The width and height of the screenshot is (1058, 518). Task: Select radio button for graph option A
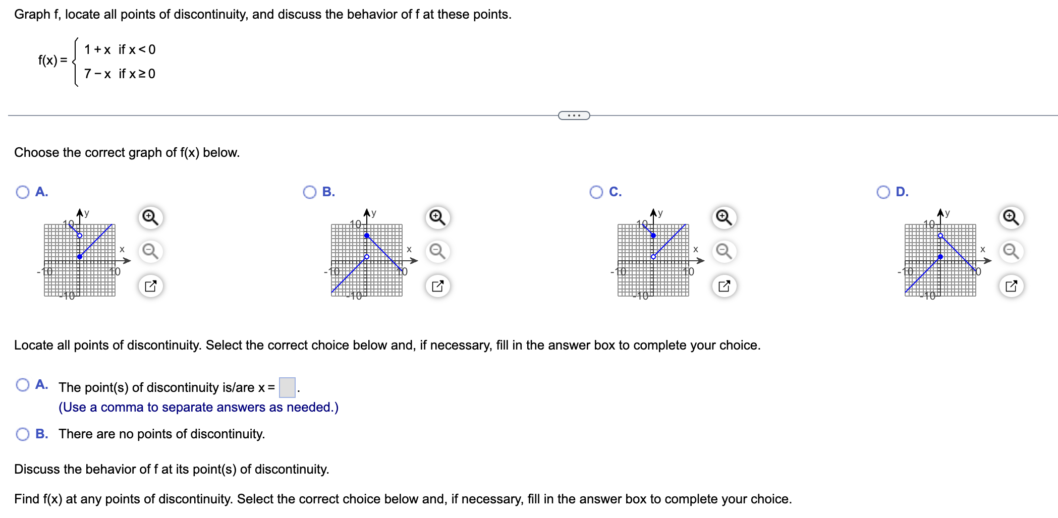pyautogui.click(x=23, y=192)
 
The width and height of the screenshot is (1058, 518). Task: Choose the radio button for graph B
pyautogui.click(x=310, y=192)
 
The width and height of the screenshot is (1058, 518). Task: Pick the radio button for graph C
pyautogui.click(x=596, y=192)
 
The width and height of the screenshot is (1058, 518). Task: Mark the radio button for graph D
pyautogui.click(x=883, y=192)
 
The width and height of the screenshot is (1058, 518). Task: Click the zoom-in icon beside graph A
pyautogui.click(x=150, y=217)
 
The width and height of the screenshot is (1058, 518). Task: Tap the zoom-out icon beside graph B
pyautogui.click(x=437, y=251)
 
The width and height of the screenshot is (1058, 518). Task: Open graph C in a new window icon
pyautogui.click(x=724, y=286)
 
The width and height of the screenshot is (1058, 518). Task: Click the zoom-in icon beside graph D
pyautogui.click(x=1011, y=217)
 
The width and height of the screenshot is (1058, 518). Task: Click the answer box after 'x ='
pyautogui.click(x=287, y=387)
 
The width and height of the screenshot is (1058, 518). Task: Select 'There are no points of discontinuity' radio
pyautogui.click(x=23, y=434)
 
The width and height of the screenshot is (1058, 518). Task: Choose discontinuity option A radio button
pyautogui.click(x=23, y=385)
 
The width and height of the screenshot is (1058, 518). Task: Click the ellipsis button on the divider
pyautogui.click(x=574, y=116)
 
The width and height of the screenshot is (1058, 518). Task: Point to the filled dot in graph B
pyautogui.click(x=367, y=236)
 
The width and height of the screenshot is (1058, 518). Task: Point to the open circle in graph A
pyautogui.click(x=80, y=236)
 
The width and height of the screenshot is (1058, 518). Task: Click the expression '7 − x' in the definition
pyautogui.click(x=97, y=74)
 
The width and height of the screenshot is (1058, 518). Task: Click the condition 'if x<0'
pyautogui.click(x=137, y=49)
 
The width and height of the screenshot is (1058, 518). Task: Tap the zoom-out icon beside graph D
pyautogui.click(x=1011, y=251)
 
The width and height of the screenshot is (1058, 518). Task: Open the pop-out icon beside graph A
pyautogui.click(x=150, y=286)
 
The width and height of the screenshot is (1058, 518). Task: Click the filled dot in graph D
pyautogui.click(x=940, y=257)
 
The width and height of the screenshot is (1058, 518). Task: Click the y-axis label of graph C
pyautogui.click(x=660, y=213)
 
